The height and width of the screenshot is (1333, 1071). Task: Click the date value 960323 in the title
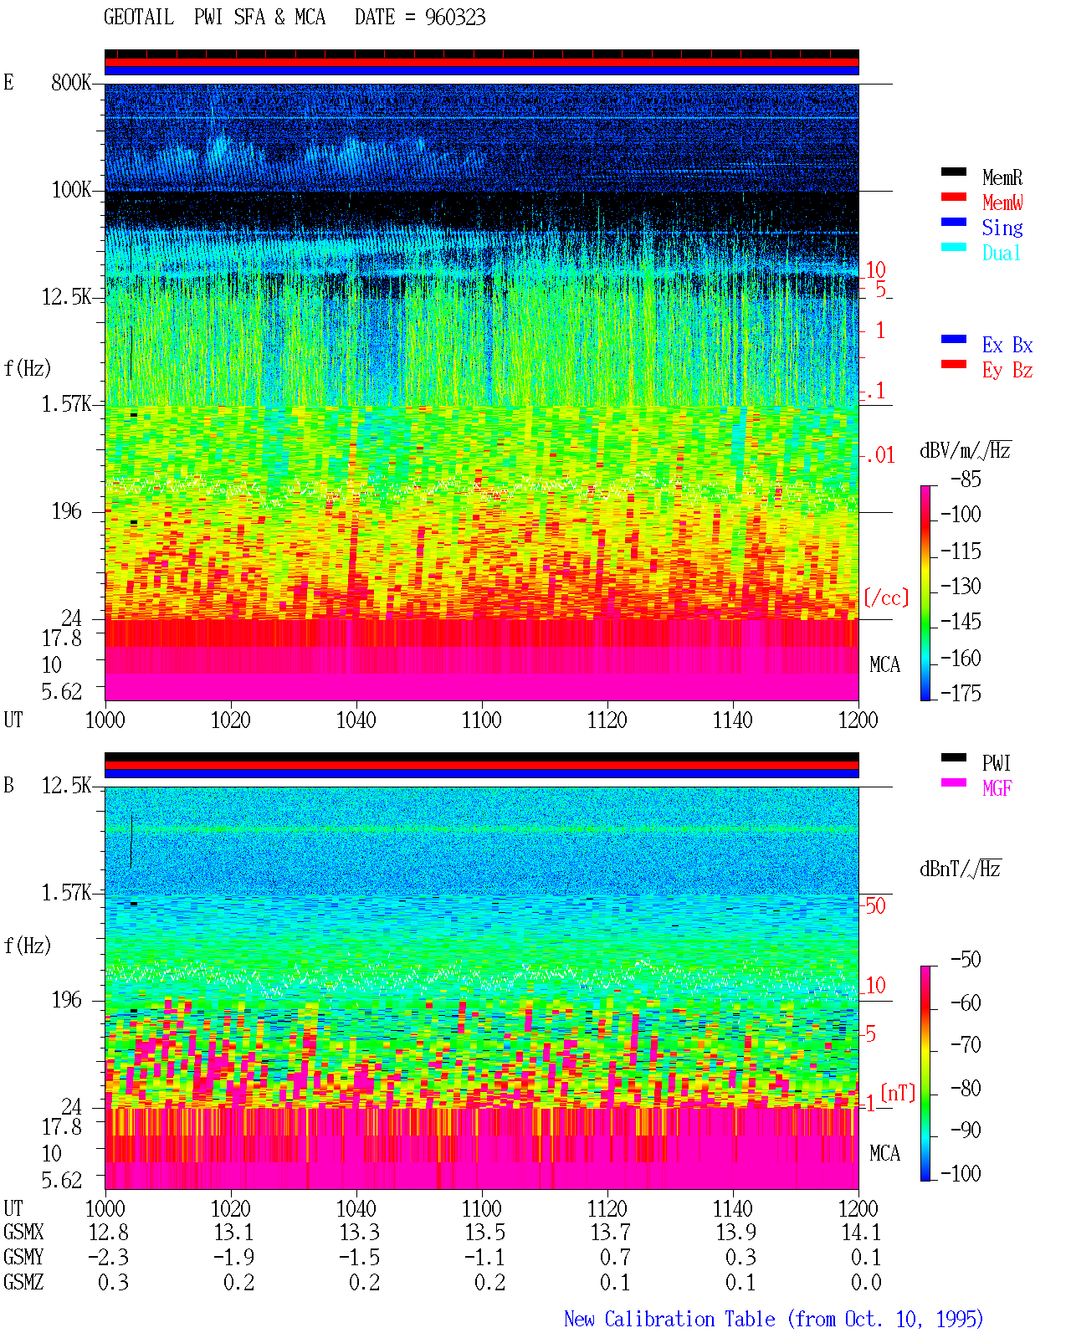click(x=454, y=18)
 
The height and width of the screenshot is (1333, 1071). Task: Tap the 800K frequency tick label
click(x=70, y=82)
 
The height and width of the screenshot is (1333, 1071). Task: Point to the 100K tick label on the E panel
click(x=70, y=190)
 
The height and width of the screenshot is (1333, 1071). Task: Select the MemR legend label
click(x=1002, y=177)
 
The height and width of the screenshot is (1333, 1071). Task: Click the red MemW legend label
click(x=1002, y=203)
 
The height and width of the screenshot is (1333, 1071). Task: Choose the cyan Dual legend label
click(x=1001, y=253)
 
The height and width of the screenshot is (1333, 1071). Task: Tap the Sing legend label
click(x=1002, y=228)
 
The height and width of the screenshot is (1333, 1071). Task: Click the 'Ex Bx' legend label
click(x=1007, y=345)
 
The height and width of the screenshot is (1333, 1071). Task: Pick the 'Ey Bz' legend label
click(x=1007, y=371)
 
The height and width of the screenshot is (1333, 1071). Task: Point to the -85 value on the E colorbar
click(x=966, y=479)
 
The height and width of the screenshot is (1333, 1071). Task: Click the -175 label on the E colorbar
click(x=961, y=693)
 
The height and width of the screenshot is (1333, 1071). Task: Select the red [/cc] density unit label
click(x=886, y=597)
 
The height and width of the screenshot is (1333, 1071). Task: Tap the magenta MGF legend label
click(x=997, y=788)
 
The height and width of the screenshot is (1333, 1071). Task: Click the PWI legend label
click(x=996, y=763)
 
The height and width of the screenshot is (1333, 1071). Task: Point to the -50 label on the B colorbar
click(x=966, y=960)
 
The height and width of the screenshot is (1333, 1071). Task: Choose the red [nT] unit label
click(x=898, y=1093)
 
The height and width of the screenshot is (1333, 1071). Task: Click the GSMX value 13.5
click(x=485, y=1233)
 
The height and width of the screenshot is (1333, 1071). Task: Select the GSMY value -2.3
click(x=109, y=1258)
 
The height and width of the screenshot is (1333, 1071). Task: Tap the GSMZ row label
click(x=23, y=1282)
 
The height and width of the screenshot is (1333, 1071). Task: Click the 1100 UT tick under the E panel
click(x=481, y=720)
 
